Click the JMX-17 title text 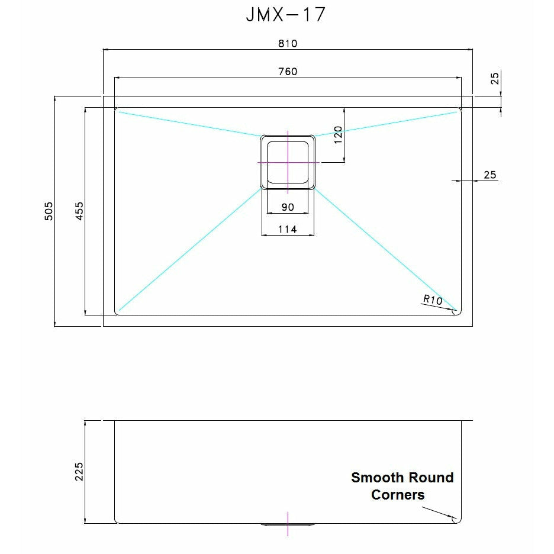[286, 15]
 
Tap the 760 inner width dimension [287, 72]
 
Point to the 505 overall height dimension [50, 211]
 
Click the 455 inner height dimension [79, 211]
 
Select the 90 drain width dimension [288, 207]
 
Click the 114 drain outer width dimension [287, 229]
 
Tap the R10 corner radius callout [432, 300]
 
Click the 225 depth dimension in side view [79, 472]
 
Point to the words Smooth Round [402, 478]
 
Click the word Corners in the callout [398, 495]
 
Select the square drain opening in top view [288, 162]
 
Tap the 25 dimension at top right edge [495, 78]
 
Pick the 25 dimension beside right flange [489, 175]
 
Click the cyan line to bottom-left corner [189, 249]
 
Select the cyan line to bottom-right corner [385, 249]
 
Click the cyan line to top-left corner [189, 123]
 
